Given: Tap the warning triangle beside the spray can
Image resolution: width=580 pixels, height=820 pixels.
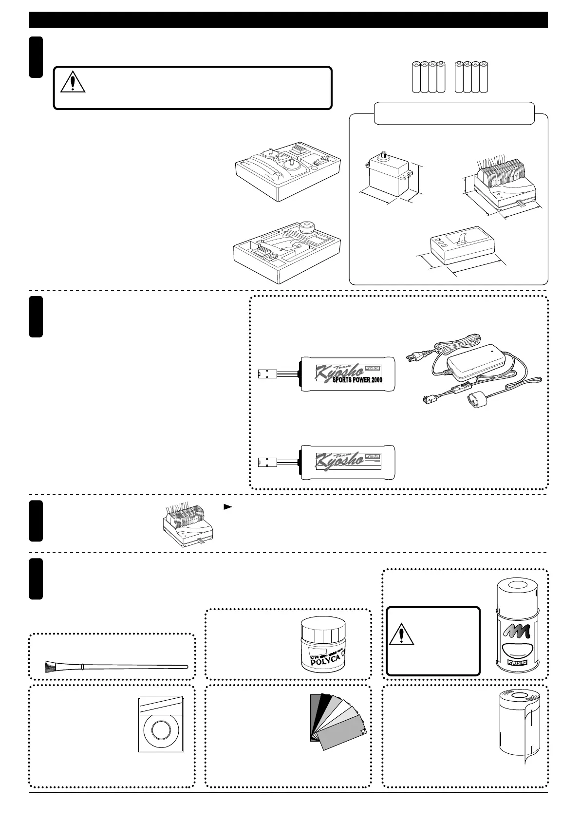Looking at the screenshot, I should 402,634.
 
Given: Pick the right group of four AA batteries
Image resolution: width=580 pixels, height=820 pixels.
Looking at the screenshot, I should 470,77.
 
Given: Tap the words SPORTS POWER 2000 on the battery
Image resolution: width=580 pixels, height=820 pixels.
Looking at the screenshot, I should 356,380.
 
